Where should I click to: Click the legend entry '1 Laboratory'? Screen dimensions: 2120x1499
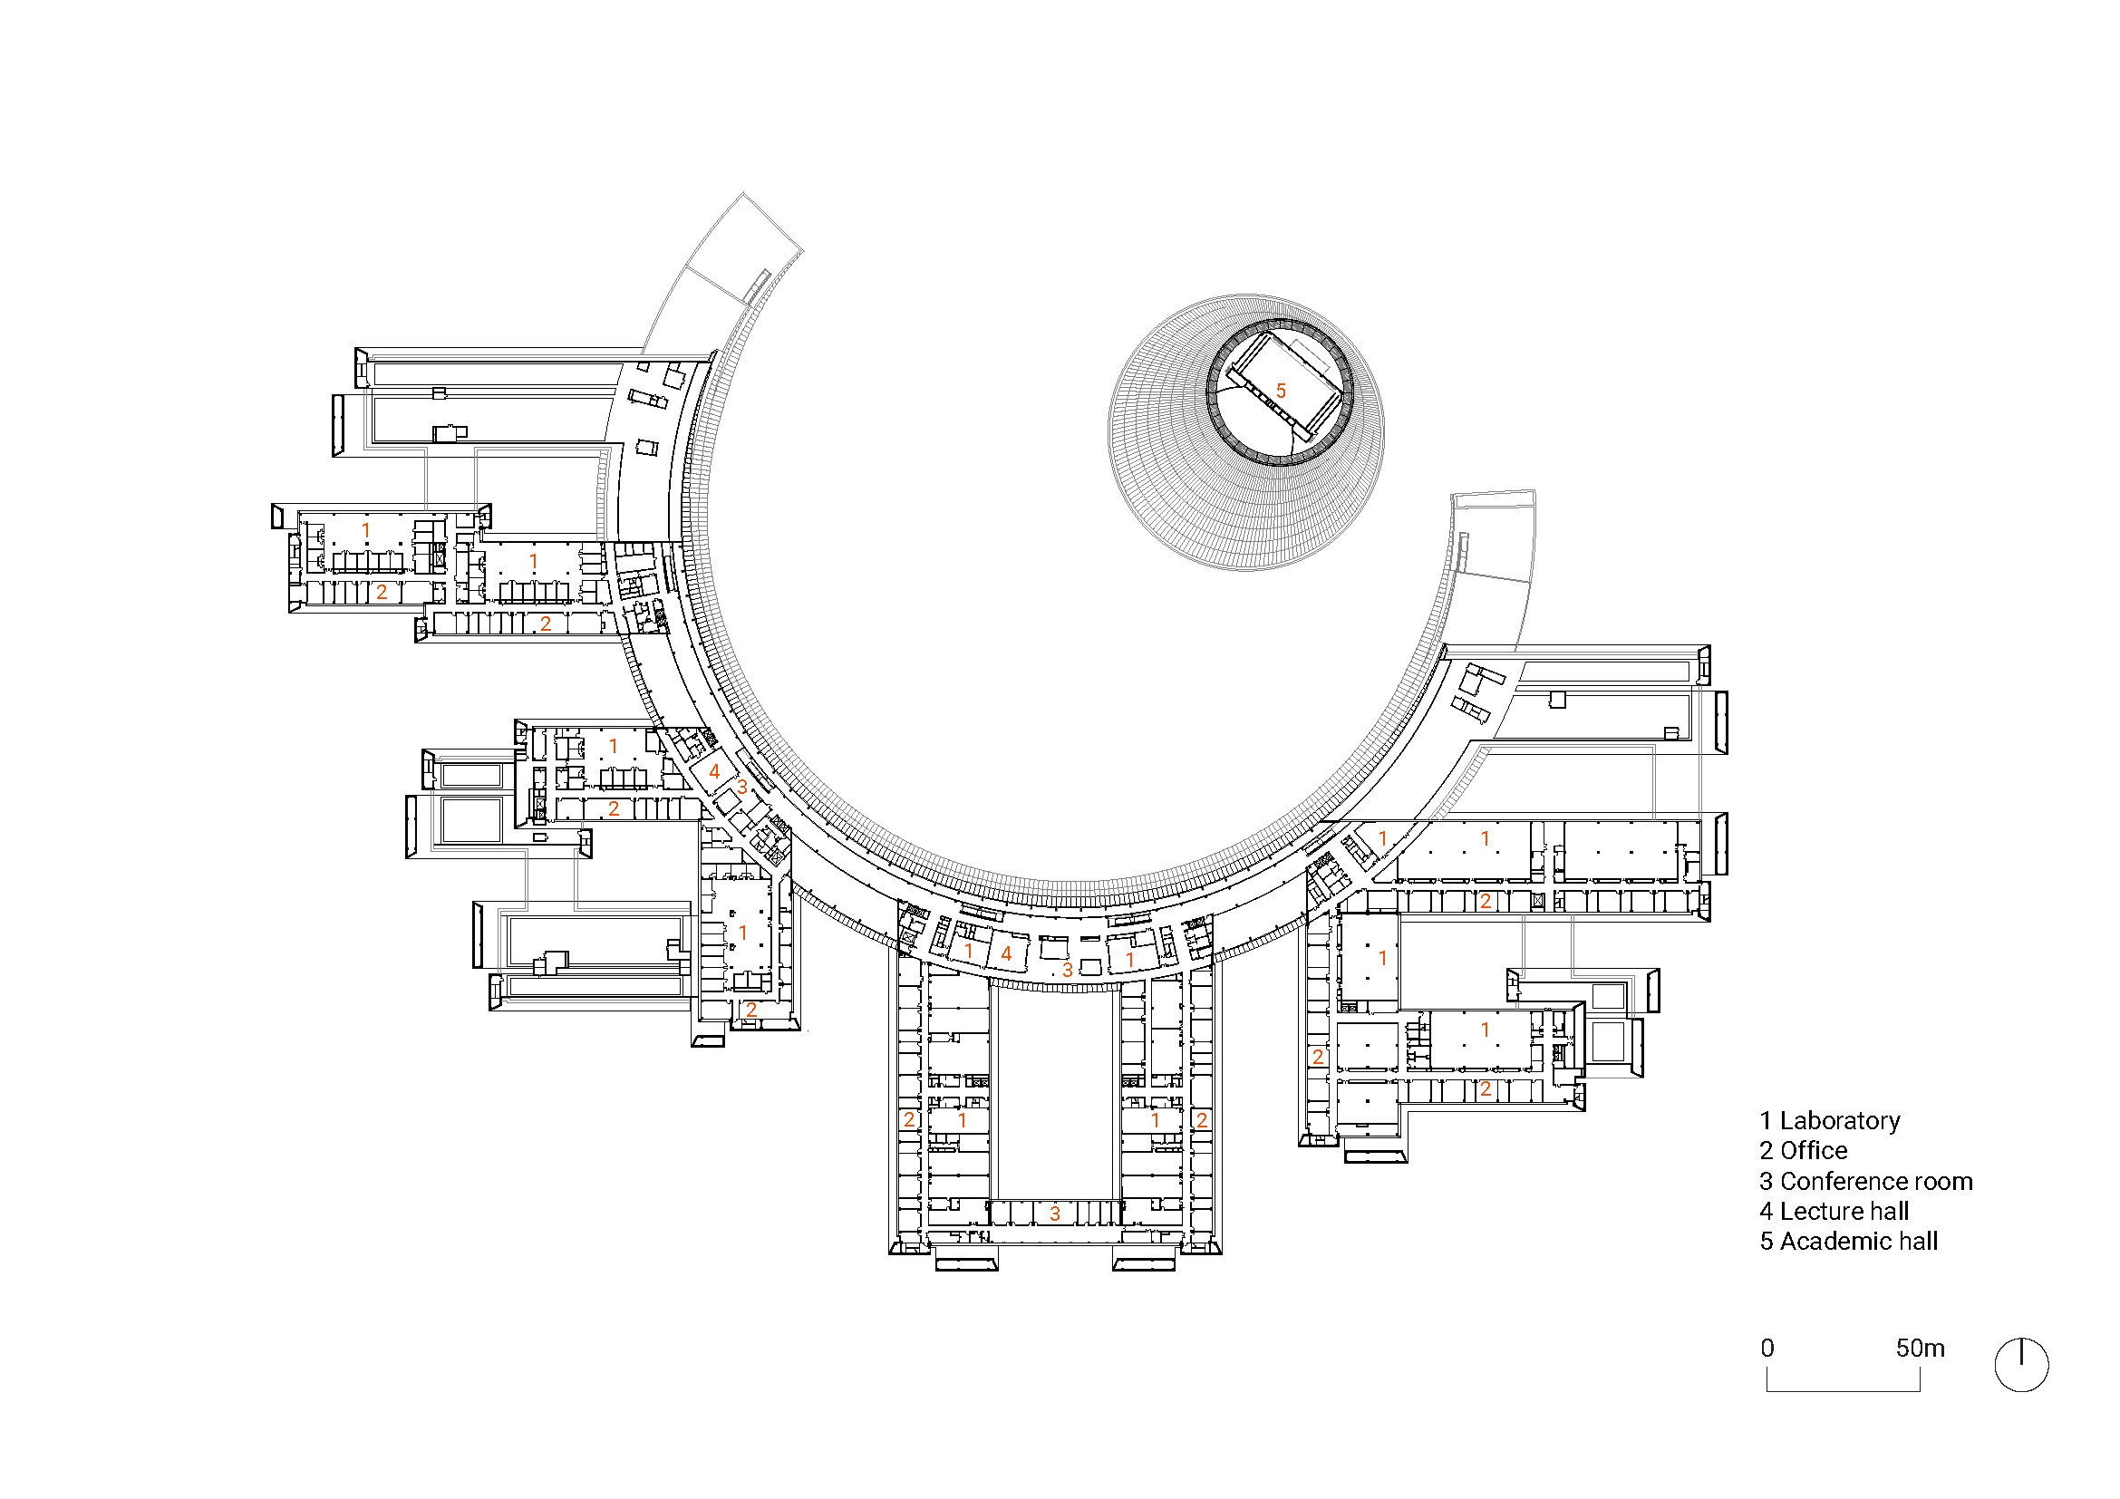pos(1829,1120)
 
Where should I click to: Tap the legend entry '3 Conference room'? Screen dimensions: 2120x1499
pos(1865,1182)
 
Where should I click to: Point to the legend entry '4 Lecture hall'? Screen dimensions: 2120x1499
pos(1834,1211)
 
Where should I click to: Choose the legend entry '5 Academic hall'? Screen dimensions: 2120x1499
pos(1848,1242)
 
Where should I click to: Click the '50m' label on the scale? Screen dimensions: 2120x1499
pos(1921,1349)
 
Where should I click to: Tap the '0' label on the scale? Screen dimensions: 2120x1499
pos(1767,1349)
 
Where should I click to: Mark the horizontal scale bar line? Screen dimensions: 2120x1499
pos(1844,1391)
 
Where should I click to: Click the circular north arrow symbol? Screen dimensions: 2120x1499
pos(2022,1364)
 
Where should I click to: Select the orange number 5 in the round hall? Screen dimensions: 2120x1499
pos(1281,392)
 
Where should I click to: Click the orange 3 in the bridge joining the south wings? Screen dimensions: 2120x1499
pos(1055,1214)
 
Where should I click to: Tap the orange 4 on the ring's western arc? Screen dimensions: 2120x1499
pos(713,771)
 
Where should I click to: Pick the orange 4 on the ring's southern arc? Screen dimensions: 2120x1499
pos(1006,953)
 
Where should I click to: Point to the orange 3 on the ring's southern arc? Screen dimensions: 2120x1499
pos(1068,970)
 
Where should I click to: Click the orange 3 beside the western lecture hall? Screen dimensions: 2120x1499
pos(742,788)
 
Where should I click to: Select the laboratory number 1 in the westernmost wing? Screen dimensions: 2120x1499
pos(366,531)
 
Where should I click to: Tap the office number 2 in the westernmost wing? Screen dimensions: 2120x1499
pos(382,592)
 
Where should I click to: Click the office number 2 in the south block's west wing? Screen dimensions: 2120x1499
pos(909,1119)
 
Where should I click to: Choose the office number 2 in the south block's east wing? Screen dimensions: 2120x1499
pos(1201,1120)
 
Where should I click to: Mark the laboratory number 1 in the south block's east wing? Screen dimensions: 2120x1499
pos(1155,1119)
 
